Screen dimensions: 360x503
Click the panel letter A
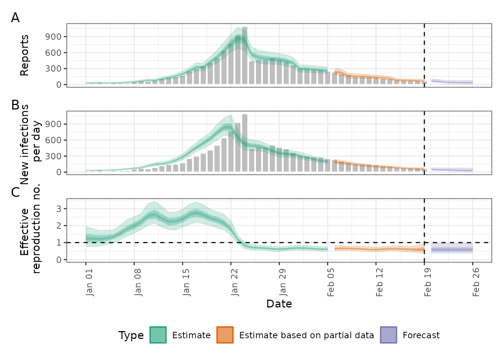(15, 18)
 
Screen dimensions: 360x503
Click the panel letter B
(15, 105)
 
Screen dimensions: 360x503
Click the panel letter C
(15, 192)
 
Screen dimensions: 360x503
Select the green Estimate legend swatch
(158, 335)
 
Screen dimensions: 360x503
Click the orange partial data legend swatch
(225, 335)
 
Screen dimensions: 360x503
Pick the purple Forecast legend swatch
(388, 335)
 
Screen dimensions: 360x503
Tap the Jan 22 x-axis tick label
(235, 282)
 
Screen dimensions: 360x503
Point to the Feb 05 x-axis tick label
(331, 282)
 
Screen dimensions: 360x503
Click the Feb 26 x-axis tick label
(476, 282)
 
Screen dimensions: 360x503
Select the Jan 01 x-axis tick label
(89, 282)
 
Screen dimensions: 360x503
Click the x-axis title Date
(279, 304)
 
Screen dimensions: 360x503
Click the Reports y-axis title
(24, 55)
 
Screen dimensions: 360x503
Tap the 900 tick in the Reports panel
(54, 37)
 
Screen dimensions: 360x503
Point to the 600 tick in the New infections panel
(54, 140)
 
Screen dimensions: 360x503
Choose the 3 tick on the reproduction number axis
(59, 209)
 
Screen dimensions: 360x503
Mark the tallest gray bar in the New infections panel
(245, 143)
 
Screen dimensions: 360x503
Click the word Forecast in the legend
(421, 335)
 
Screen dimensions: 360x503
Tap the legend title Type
(131, 335)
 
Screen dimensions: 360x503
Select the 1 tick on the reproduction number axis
(59, 243)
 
